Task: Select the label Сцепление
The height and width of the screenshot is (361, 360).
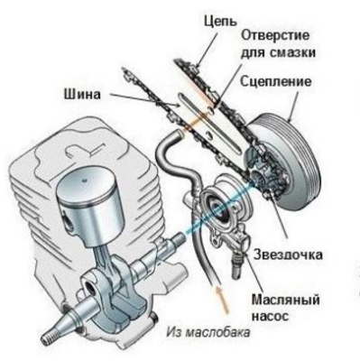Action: tap(275, 83)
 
